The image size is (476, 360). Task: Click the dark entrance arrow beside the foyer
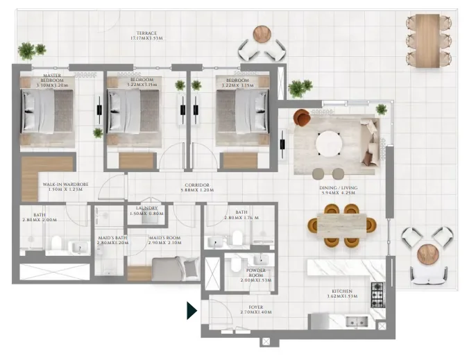(x=192, y=310)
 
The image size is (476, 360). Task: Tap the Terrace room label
(x=146, y=36)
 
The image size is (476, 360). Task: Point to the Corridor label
(x=194, y=187)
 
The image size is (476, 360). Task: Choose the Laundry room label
(x=146, y=210)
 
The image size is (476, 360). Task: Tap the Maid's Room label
(x=164, y=241)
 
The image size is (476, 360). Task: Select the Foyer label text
(x=250, y=309)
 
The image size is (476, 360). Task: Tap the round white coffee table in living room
(x=328, y=143)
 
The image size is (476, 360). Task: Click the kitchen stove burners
(x=377, y=295)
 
